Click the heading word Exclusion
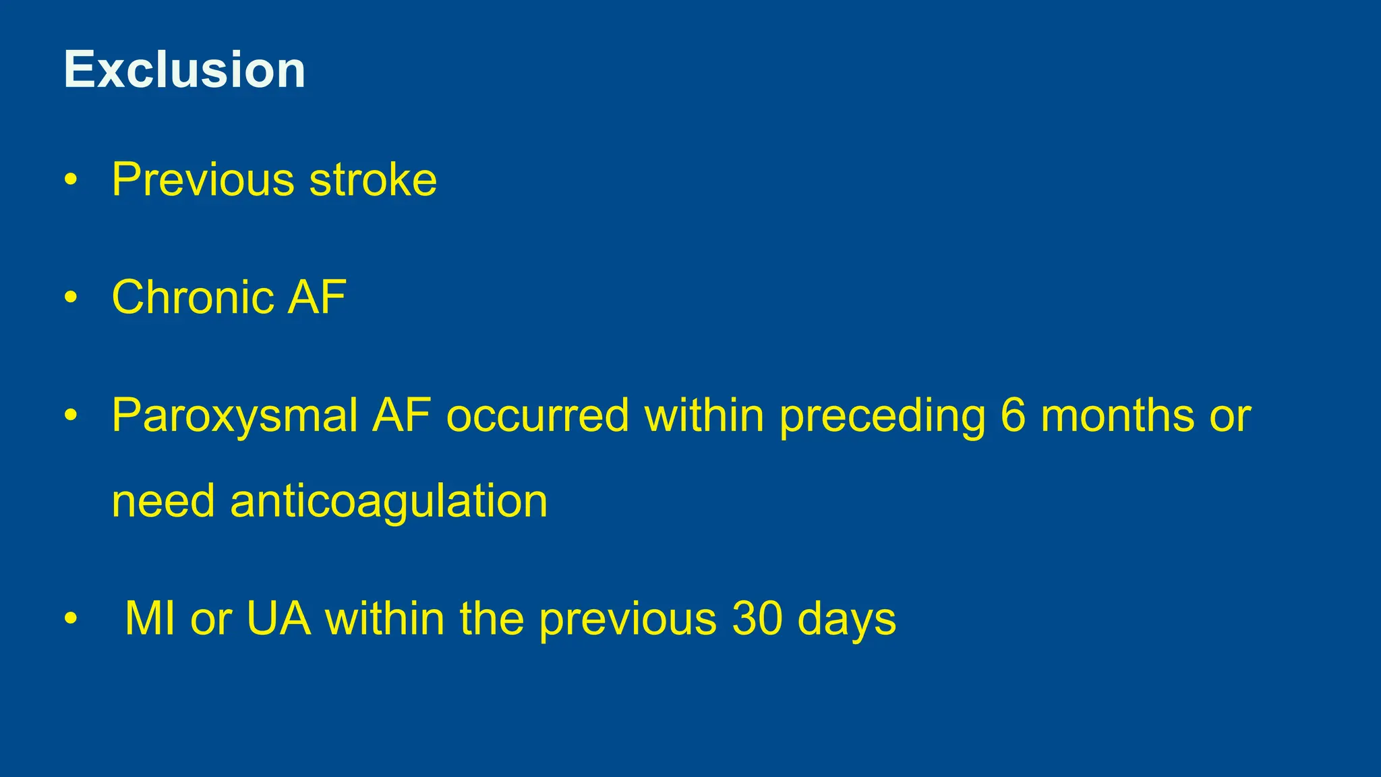184,69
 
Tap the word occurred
537,415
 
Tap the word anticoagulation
389,502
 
